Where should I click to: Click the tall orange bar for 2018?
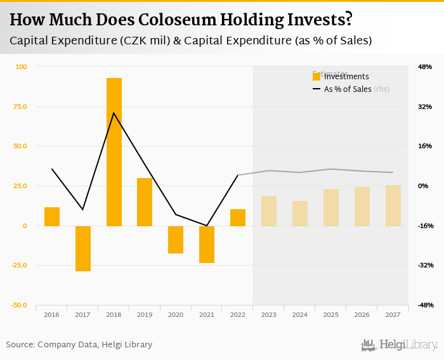(x=114, y=152)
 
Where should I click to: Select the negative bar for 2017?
(x=83, y=248)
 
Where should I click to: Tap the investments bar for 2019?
(x=145, y=202)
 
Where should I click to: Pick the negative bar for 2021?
(x=207, y=244)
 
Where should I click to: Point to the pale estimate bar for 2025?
(x=331, y=207)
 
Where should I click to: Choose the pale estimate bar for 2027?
(x=393, y=205)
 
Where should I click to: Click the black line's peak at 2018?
(x=114, y=113)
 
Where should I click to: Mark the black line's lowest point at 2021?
(x=207, y=226)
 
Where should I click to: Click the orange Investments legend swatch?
(x=317, y=77)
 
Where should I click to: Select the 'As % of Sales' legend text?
(x=348, y=89)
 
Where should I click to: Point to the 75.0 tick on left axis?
(x=21, y=106)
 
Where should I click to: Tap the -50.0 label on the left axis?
(x=19, y=305)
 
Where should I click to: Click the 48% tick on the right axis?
(x=424, y=67)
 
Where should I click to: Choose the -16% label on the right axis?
(x=424, y=226)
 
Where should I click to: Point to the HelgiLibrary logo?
(x=399, y=345)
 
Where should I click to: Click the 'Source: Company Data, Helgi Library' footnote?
(x=79, y=345)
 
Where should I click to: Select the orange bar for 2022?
(x=238, y=217)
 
